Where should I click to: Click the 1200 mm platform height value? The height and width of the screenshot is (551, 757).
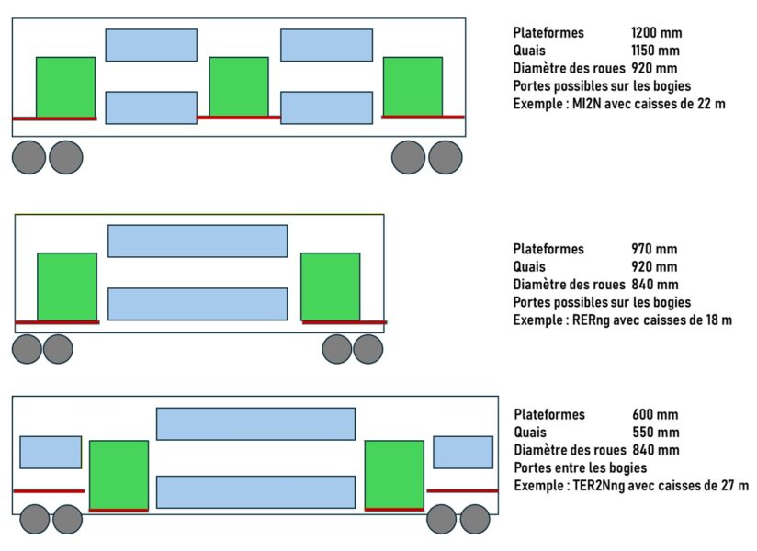[x=656, y=33]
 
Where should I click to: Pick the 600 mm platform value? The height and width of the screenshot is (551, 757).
[x=655, y=414]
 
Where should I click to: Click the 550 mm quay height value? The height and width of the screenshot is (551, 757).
[x=655, y=432]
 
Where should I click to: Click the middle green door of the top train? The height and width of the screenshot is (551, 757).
[x=239, y=86]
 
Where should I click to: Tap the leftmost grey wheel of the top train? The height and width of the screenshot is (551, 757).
[x=28, y=157]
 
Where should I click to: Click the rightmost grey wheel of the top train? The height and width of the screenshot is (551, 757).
[x=446, y=157]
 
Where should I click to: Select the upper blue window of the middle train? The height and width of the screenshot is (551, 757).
[x=198, y=241]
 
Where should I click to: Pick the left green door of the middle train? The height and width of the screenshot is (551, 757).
[x=67, y=286]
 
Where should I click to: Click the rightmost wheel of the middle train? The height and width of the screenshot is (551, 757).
[x=367, y=349]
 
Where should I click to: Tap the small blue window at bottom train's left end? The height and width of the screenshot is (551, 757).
[x=51, y=452]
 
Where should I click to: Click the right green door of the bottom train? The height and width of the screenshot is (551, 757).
[x=394, y=473]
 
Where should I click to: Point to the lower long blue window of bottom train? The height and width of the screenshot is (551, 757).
[x=255, y=491]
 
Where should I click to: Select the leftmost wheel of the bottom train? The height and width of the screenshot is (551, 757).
[x=35, y=519]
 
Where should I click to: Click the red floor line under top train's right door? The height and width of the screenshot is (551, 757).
[x=423, y=117]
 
